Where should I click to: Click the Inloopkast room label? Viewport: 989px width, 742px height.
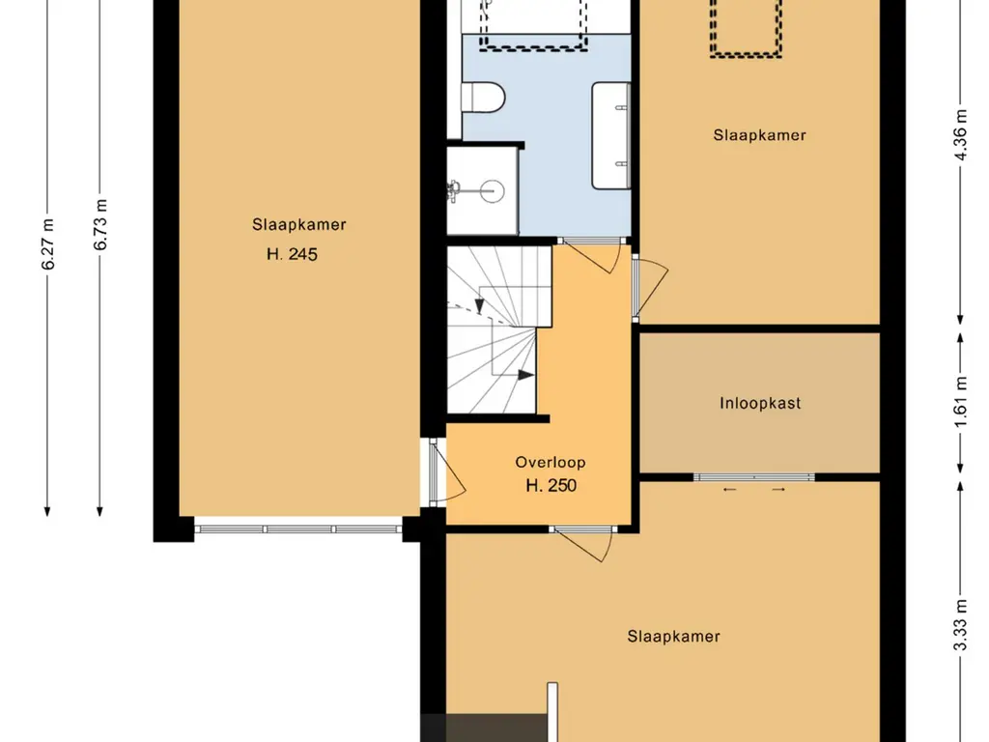[x=760, y=403]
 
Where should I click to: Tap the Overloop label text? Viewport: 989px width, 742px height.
[x=551, y=463]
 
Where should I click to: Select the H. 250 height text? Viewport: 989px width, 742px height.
[x=551, y=485]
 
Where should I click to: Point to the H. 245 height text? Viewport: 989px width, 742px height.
[x=292, y=254]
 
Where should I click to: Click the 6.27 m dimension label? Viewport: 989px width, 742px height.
[x=48, y=244]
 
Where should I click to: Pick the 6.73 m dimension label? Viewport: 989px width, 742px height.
[x=100, y=224]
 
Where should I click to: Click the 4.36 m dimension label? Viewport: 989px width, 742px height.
[x=960, y=135]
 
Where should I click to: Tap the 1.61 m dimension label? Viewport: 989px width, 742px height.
[x=960, y=402]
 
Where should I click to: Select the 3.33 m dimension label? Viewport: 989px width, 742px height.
[x=960, y=625]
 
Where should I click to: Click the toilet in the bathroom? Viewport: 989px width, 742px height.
[x=484, y=98]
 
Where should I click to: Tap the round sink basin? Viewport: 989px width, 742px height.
[x=492, y=189]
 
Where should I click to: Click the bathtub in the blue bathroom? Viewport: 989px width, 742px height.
[x=610, y=135]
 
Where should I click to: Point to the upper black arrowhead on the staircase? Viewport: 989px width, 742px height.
[x=479, y=306]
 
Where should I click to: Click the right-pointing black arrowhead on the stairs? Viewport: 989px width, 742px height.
[x=526, y=375]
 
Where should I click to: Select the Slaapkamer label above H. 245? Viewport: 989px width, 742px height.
[x=299, y=224]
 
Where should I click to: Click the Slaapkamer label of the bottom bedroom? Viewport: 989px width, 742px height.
[x=673, y=636]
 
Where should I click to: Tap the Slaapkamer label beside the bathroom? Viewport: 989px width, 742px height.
[x=759, y=135]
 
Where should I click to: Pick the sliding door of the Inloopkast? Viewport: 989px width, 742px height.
[x=753, y=477]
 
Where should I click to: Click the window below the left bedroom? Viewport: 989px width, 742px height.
[x=298, y=528]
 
